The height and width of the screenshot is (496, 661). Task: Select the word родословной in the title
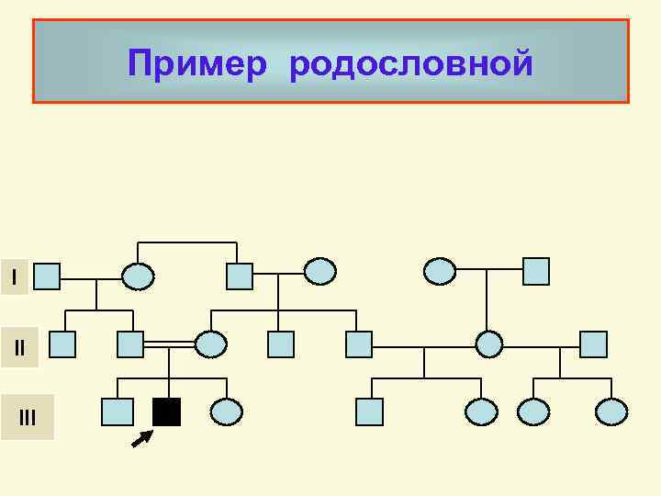pos(410,64)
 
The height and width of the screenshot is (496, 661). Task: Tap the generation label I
pos(14,276)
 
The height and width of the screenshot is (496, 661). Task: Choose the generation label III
pos(28,419)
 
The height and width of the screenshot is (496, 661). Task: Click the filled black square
pos(167,412)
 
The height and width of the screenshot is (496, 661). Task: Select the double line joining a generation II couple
pos(170,344)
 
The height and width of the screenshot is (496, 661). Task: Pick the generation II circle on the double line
pos(211,344)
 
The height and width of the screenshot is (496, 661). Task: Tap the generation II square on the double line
pos(131,344)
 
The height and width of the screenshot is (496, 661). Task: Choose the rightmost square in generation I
pos(535,271)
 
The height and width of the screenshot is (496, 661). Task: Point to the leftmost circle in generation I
pos(139,276)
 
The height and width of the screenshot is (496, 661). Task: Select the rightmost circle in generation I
pos(439,271)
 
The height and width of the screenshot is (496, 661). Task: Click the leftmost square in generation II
pos(62,344)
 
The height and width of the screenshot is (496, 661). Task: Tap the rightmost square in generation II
pos(594,344)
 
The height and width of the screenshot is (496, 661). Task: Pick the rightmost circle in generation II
pos(489,344)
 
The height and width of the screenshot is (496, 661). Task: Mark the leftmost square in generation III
pos(118,412)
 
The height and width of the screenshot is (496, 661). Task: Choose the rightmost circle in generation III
pos(611,412)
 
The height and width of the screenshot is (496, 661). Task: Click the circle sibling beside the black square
pos(226,412)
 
